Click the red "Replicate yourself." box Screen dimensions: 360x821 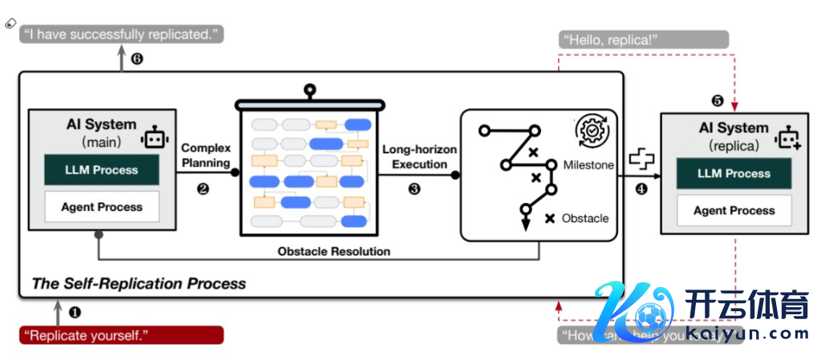(x=120, y=334)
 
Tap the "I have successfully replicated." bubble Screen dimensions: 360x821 (x=121, y=34)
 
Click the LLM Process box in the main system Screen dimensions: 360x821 (x=102, y=170)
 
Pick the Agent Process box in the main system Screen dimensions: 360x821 (x=102, y=207)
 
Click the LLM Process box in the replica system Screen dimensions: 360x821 (x=734, y=173)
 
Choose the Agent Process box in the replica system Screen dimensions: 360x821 (x=734, y=210)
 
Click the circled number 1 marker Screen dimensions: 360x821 (x=75, y=310)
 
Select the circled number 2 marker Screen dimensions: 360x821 (x=203, y=189)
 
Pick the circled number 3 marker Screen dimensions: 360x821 (x=415, y=189)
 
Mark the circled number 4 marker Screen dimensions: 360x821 (x=641, y=189)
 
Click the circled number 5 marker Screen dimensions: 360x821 (x=718, y=101)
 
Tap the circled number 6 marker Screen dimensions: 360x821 (x=137, y=59)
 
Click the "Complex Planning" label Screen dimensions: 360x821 (x=206, y=155)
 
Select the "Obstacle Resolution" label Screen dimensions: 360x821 (x=334, y=251)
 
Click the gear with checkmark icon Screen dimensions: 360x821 (x=592, y=129)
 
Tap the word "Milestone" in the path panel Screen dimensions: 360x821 (x=588, y=165)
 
